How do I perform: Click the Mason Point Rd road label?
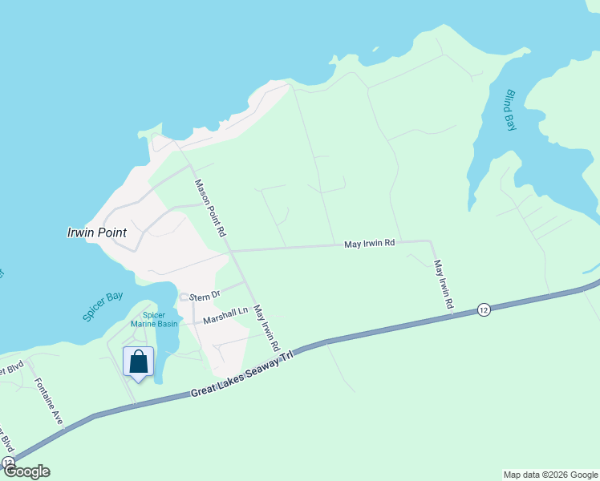coord(209,207)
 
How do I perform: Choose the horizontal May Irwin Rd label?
coord(370,242)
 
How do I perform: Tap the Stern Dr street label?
coord(205,296)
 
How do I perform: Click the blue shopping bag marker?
coord(138,362)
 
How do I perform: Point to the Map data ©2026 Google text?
coord(550,475)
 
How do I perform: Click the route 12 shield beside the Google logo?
coord(8,463)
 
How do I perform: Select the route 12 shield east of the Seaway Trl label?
coord(483,309)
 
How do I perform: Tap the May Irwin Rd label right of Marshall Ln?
coord(266,327)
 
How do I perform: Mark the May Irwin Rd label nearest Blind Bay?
coord(444,285)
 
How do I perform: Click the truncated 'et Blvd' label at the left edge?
coord(11,370)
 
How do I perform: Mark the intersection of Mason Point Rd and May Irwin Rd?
coord(230,251)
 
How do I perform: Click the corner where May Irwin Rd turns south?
coord(431,240)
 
